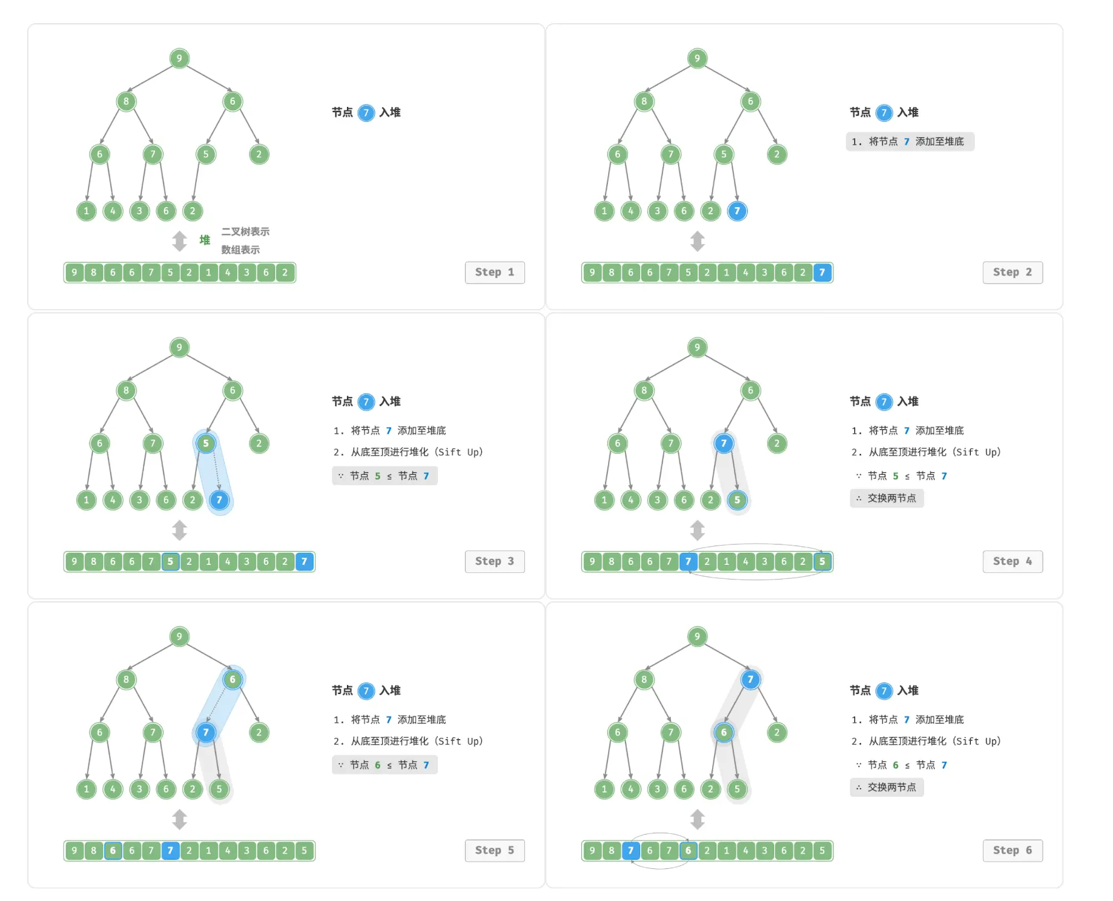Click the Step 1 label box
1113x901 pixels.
coord(495,272)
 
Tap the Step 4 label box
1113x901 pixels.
coord(1012,561)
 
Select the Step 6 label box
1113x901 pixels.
coord(1012,851)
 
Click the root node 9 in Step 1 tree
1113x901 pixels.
coord(179,58)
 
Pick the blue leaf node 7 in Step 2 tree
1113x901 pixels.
coord(737,211)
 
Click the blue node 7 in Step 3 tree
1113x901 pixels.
coord(219,500)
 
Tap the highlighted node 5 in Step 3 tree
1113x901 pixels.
coord(206,443)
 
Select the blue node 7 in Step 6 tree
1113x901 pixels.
coord(750,679)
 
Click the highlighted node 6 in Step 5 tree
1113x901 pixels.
coord(233,679)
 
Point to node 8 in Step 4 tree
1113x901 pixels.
coord(644,391)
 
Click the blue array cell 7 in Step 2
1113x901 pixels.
coord(822,272)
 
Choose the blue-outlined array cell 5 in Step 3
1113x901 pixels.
coord(170,561)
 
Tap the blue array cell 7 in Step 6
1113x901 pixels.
coord(630,851)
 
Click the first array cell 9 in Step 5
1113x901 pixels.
coord(74,851)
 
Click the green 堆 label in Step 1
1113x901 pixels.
coord(205,240)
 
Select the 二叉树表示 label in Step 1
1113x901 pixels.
coord(245,231)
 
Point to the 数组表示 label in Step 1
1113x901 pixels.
coord(240,249)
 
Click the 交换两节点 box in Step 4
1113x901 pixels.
coord(887,498)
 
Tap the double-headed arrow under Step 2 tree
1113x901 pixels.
coord(698,241)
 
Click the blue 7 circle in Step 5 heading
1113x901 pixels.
coord(366,691)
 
